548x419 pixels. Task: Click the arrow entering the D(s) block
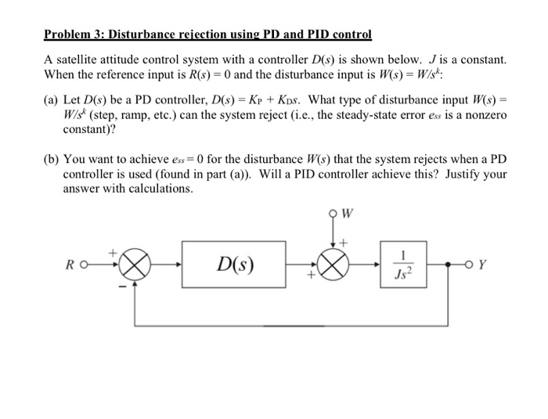177,264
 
